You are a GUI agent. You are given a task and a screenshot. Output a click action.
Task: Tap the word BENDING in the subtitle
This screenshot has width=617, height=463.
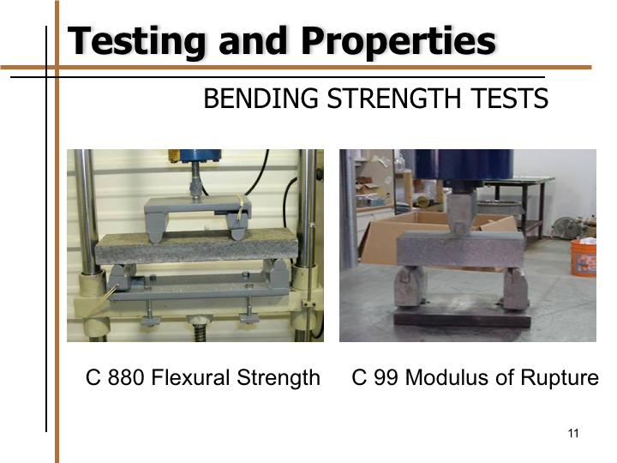(x=261, y=99)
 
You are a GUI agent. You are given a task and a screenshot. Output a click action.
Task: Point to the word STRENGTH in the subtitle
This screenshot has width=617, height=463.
(x=394, y=99)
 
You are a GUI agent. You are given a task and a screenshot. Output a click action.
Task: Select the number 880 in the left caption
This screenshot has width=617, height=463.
(x=125, y=377)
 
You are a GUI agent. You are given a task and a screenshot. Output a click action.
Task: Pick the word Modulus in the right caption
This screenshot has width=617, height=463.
(x=446, y=377)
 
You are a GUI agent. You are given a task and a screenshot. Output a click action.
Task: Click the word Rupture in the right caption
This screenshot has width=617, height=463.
(x=560, y=378)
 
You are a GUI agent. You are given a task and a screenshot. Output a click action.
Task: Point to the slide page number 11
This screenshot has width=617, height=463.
(x=573, y=433)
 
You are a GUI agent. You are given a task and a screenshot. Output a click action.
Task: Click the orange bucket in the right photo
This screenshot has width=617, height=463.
(x=584, y=257)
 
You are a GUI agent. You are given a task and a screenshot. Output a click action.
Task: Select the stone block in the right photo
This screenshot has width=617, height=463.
(x=460, y=250)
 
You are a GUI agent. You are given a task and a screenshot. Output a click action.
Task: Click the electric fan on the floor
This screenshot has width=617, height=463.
(x=567, y=228)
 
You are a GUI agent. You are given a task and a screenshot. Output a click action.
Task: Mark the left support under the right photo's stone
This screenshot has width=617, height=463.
(x=410, y=286)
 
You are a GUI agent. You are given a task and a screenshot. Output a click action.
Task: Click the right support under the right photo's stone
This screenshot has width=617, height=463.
(x=516, y=288)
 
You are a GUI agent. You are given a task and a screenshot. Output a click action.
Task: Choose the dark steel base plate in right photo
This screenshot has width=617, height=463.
(x=463, y=317)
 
